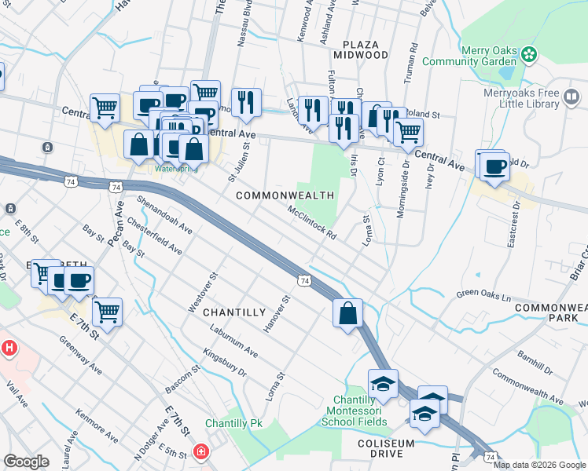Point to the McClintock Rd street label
click(312, 224)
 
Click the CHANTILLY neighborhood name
click(234, 312)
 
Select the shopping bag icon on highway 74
click(347, 314)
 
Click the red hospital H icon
click(9, 346)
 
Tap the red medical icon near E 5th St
click(201, 452)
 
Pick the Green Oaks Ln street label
click(483, 297)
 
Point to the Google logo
click(26, 461)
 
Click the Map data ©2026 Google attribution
click(539, 465)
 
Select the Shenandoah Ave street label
click(164, 214)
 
